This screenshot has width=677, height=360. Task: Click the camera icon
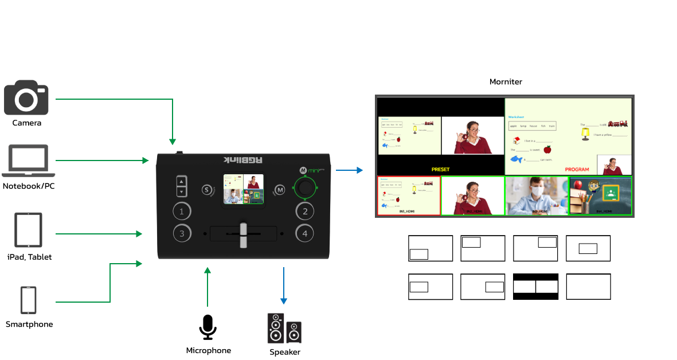26,98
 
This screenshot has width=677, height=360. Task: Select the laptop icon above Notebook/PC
29,161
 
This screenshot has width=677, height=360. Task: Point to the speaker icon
284,328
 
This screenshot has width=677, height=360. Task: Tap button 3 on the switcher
182,233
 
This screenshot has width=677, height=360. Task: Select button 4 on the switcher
305,233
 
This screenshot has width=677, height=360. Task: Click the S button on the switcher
207,190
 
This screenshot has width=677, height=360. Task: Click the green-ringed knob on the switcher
306,188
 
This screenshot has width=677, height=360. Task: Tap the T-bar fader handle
242,234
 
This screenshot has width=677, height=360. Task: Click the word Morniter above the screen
506,82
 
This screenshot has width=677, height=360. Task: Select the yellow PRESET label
440,170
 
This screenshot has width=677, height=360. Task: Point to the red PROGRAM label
577,170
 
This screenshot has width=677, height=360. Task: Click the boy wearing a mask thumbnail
537,195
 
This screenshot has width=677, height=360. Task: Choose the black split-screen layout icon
535,287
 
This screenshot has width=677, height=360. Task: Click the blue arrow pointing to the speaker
283,285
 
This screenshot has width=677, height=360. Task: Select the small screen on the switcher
243,189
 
